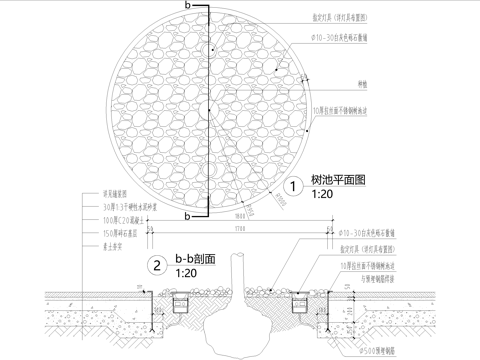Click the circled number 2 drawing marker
(157, 266)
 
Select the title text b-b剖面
(197, 259)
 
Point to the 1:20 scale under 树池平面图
(321, 194)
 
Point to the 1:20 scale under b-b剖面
(185, 272)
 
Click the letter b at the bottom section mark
(186, 215)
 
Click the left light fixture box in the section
(181, 301)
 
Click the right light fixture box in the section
(299, 301)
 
